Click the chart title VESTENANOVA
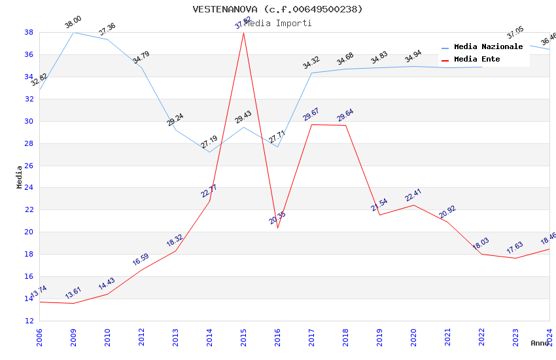(277, 9)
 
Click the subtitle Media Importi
(278, 24)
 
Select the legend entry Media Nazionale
(488, 47)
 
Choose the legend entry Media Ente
(477, 60)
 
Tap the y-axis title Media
(20, 177)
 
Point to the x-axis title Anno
(540, 343)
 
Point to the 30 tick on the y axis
(29, 121)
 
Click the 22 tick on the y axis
(29, 210)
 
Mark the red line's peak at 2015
(243, 32)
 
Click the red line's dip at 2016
(277, 228)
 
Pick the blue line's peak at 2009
(73, 32)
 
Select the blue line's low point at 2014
(209, 152)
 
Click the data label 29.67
(311, 116)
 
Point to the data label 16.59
(141, 260)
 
